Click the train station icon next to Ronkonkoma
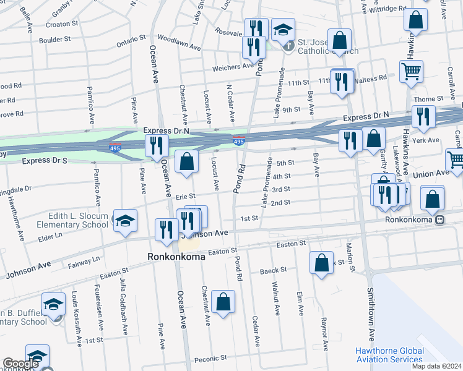point(440,220)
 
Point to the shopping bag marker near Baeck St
point(322,263)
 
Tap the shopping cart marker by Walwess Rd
point(411,71)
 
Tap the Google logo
point(20,364)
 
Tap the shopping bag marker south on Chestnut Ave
point(223,302)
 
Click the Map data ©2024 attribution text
point(436,366)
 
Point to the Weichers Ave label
point(233,66)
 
